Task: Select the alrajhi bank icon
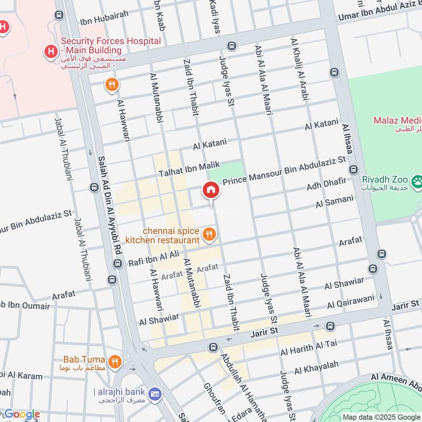(155, 394)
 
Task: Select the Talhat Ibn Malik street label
(189, 169)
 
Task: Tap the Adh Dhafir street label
(327, 185)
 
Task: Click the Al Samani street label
(334, 202)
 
